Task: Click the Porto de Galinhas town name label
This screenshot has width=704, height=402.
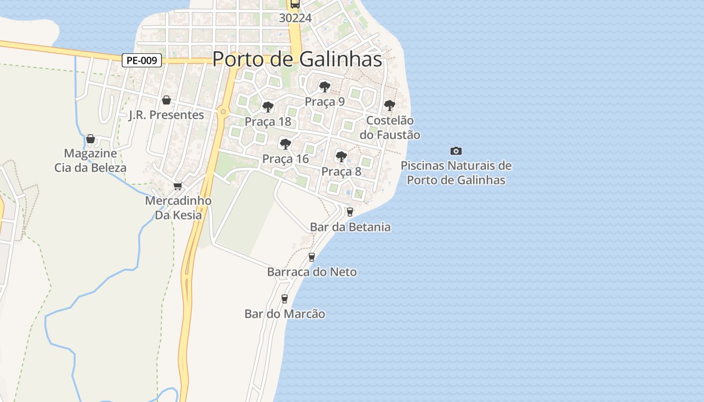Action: pyautogui.click(x=297, y=59)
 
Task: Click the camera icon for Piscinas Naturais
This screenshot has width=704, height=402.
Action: pyautogui.click(x=456, y=151)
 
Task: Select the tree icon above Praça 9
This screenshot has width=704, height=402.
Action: pyautogui.click(x=325, y=87)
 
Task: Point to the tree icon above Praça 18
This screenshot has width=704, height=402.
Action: pyautogui.click(x=268, y=107)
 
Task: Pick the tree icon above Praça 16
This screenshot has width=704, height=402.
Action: pyautogui.click(x=286, y=145)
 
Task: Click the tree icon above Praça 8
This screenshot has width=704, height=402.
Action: pyautogui.click(x=341, y=157)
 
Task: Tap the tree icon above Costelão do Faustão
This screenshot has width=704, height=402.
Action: pyautogui.click(x=390, y=106)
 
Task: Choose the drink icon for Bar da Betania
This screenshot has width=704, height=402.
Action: pyautogui.click(x=350, y=212)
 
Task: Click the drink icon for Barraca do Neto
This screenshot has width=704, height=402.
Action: pyautogui.click(x=312, y=257)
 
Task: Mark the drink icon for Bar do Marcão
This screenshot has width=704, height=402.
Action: pyautogui.click(x=285, y=299)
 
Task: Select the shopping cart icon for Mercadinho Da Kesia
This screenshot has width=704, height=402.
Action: pyautogui.click(x=178, y=186)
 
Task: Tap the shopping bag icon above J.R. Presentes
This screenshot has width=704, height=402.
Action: pyautogui.click(x=166, y=100)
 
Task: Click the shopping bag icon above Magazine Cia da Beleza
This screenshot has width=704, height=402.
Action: pyautogui.click(x=91, y=139)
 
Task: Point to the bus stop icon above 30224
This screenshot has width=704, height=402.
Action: pyautogui.click(x=295, y=5)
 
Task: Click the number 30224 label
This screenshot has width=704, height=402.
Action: pyautogui.click(x=295, y=18)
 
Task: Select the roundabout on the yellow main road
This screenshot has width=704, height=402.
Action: pyautogui.click(x=223, y=112)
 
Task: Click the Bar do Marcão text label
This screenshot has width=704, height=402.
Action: pyautogui.click(x=285, y=314)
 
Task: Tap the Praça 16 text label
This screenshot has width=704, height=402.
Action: pyautogui.click(x=285, y=159)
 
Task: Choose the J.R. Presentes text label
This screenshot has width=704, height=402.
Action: pyautogui.click(x=166, y=115)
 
